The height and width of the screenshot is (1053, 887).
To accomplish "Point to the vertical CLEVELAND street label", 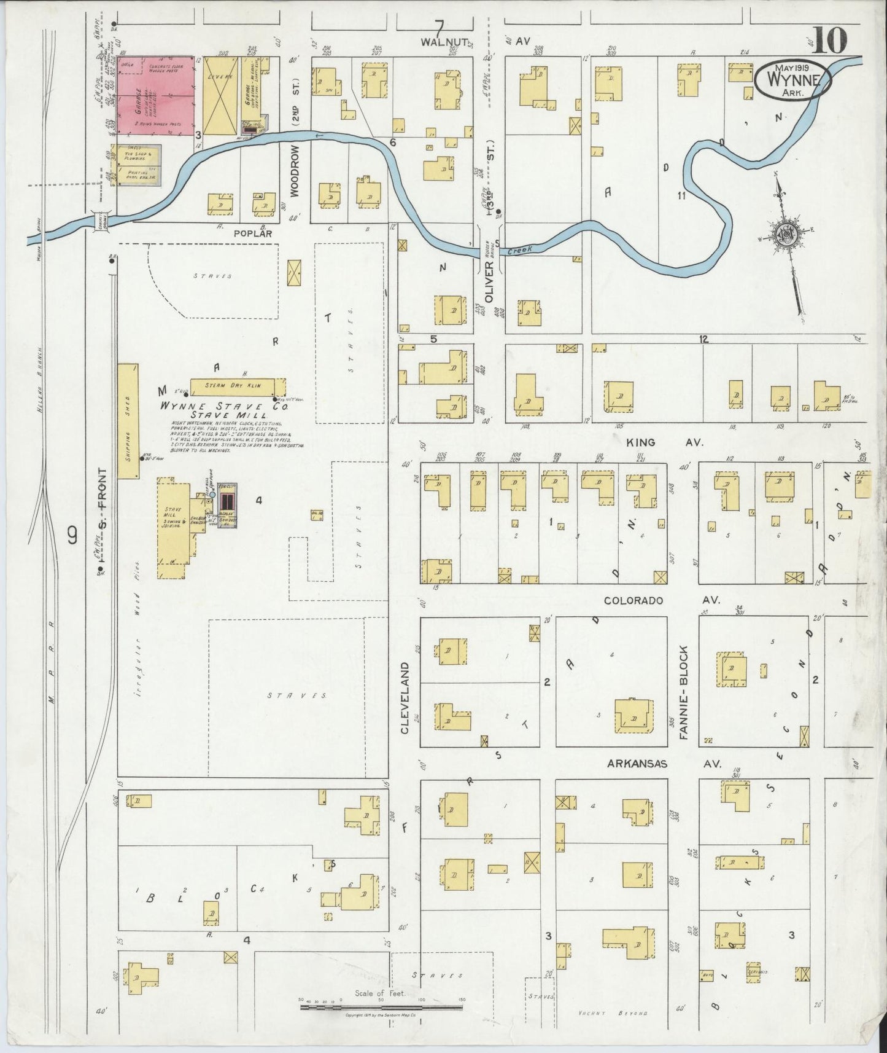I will [x=405, y=698].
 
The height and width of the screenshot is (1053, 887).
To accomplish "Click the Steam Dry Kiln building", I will [x=237, y=386].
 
